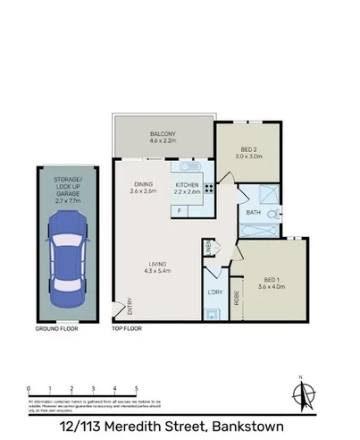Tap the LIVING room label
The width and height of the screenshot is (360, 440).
click(158, 266)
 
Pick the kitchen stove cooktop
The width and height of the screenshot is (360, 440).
click(209, 188)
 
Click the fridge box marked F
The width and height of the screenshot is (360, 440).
click(179, 210)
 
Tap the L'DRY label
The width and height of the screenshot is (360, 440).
click(215, 293)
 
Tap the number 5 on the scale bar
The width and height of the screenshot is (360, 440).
click(137, 388)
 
